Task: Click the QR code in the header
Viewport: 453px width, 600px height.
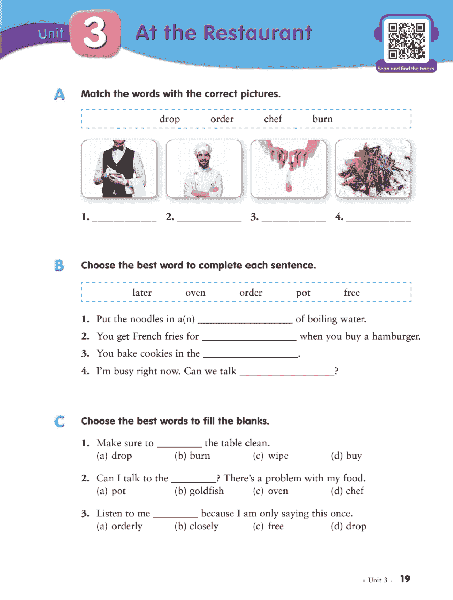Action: click(406, 41)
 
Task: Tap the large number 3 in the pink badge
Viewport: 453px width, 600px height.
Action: click(95, 33)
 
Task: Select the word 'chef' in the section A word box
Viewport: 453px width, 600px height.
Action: click(273, 119)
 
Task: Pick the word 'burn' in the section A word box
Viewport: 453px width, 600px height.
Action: click(322, 119)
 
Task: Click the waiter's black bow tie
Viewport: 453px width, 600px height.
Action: click(118, 148)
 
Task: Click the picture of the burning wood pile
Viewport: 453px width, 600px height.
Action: click(373, 169)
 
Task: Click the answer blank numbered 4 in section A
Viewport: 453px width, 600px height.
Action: click(378, 218)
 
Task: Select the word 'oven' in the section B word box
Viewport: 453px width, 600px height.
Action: click(195, 293)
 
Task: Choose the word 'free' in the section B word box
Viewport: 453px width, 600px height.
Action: click(351, 293)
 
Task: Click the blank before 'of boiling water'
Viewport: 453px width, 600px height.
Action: click(245, 320)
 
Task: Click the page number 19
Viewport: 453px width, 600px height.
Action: click(405, 579)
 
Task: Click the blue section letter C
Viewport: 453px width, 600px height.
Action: click(59, 422)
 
